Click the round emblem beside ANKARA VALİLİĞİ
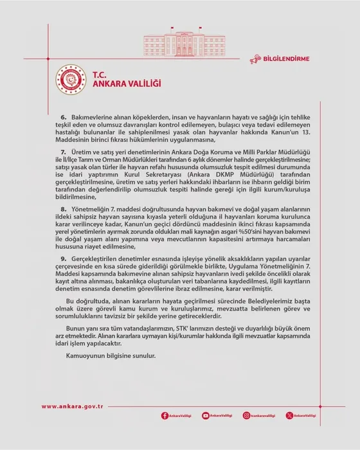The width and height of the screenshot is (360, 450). [71, 78]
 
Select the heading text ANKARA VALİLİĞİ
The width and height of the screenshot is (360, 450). [127, 84]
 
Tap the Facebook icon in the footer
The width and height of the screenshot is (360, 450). [165, 416]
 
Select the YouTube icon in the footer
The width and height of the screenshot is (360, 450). [206, 416]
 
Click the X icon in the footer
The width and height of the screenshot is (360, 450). [289, 416]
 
